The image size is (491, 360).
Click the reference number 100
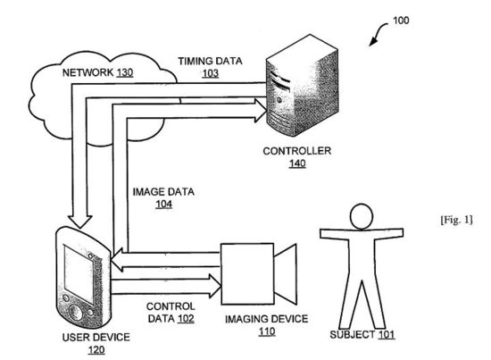pos(401,21)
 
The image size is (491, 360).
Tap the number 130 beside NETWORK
pos(125,72)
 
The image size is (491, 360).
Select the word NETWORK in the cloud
pos(87,72)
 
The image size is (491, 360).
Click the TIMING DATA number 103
pos(211,73)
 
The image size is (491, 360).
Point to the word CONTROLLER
pos(297,151)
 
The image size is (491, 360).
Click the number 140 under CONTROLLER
pos(297,163)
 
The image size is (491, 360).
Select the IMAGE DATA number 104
pos(164,204)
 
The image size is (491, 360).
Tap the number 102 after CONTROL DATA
pos(186,318)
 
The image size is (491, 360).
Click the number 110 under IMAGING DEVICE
pos(267,331)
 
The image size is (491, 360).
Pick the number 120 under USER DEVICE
pos(96,349)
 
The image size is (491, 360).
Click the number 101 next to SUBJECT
pos(387,335)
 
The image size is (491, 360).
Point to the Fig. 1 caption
pos(456,220)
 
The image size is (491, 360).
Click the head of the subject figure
pos(362,216)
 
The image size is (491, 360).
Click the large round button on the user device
pos(76,313)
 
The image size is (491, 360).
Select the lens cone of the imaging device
pos(286,274)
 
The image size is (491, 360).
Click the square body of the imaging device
pos(247,274)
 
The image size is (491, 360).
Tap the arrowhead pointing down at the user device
pos(79,222)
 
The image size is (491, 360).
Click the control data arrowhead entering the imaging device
pos(215,286)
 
